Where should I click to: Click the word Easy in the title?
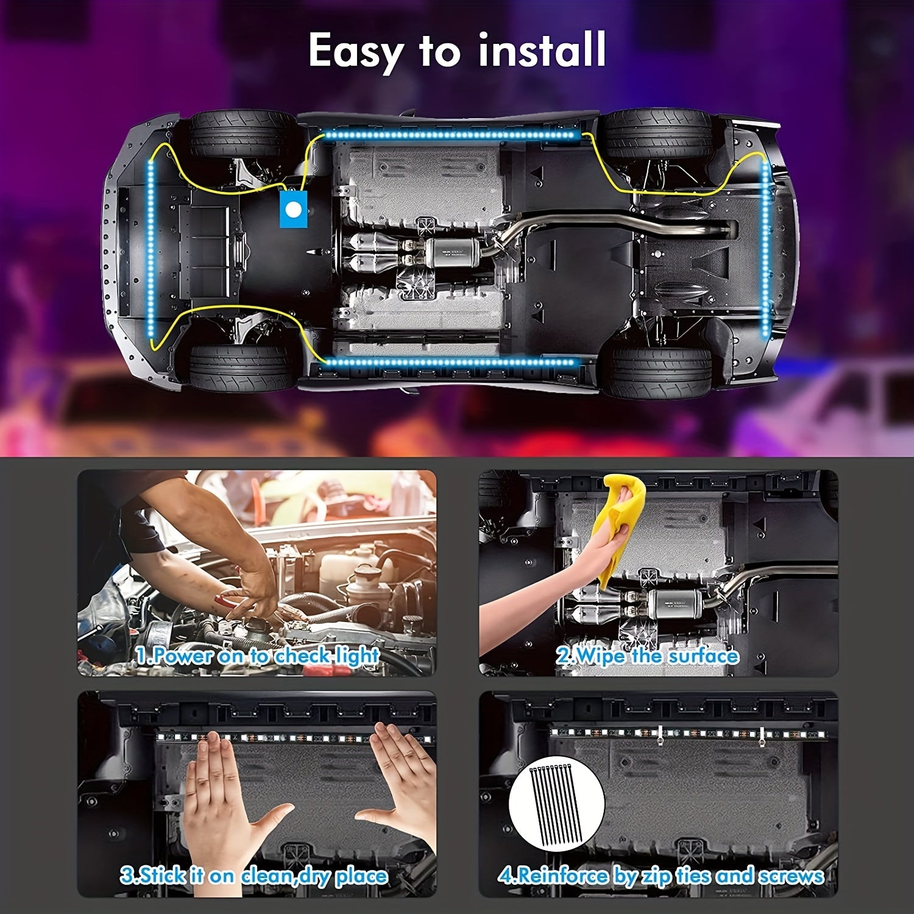(354, 52)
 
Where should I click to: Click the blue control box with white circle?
(293, 209)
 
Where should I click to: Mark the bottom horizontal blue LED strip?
(450, 363)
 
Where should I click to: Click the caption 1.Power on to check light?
(258, 656)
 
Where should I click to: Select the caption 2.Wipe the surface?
(647, 656)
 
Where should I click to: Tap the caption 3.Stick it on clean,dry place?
(253, 876)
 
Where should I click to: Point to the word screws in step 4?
(790, 876)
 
